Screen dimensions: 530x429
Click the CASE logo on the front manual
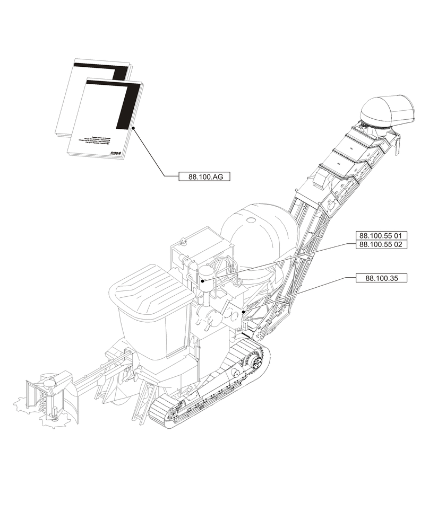tap(117, 152)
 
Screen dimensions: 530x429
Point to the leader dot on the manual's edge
tap(133, 128)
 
